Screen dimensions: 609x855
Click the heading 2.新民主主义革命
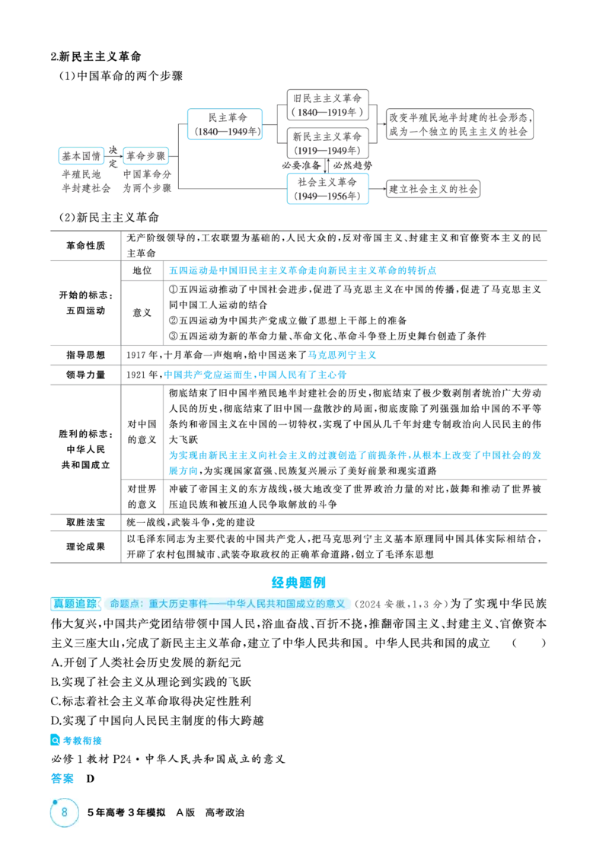pos(96,56)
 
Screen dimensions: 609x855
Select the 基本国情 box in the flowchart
pos(81,156)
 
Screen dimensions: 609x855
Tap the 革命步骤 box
pos(145,156)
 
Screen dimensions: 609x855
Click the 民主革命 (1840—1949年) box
pos(225,124)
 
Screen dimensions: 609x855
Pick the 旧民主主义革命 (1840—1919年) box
pos(327,105)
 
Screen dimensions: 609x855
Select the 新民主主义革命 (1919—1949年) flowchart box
pos(327,143)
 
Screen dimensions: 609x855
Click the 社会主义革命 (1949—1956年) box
pos(327,189)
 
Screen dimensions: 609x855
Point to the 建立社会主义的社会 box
pos(433,190)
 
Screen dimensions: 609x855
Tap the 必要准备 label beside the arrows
pos(301,165)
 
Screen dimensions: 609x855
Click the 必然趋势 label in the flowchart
pos(352,165)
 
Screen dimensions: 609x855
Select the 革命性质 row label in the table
pos(85,245)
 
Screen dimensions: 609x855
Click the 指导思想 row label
pos(85,355)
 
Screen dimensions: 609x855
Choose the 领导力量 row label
pos(85,375)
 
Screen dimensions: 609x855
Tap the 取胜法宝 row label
pos(85,522)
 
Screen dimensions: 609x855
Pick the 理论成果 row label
pos(85,547)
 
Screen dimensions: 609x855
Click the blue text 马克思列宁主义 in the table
pos(342,355)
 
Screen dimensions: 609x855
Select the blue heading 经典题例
pos(298,582)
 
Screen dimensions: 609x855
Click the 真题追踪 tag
pos(75,604)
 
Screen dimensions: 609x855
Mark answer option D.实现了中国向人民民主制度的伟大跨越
pos(157,720)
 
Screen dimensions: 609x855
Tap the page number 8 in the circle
pos(65,812)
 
